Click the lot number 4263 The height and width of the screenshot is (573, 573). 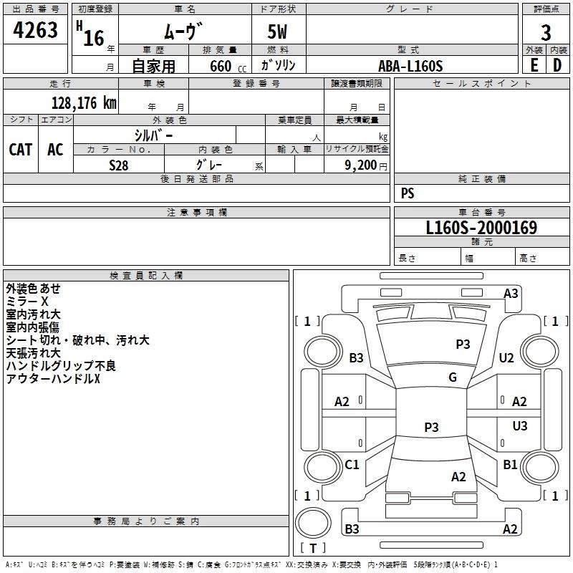click(x=35, y=30)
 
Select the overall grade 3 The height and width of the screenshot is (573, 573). click(x=546, y=32)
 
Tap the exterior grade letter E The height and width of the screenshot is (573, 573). click(x=534, y=65)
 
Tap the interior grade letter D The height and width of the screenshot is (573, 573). click(x=557, y=65)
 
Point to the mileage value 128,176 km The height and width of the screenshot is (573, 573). click(x=84, y=103)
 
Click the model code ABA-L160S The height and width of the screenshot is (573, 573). click(x=410, y=66)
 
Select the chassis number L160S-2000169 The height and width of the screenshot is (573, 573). click(x=481, y=228)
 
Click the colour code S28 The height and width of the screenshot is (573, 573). click(x=119, y=165)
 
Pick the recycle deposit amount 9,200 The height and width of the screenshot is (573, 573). click(x=360, y=165)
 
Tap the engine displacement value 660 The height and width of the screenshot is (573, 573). click(x=221, y=66)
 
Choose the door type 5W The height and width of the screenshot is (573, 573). click(x=277, y=32)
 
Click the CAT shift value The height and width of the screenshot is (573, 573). click(x=21, y=150)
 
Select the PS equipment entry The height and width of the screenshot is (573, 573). click(x=408, y=193)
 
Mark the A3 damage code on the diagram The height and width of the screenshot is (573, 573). click(x=511, y=294)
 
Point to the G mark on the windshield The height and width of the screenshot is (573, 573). click(x=453, y=377)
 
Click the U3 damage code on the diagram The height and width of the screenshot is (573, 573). click(x=520, y=425)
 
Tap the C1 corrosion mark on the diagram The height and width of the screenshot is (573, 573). click(x=352, y=464)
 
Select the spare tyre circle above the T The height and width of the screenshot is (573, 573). click(x=313, y=522)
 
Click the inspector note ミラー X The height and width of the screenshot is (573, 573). click(x=27, y=302)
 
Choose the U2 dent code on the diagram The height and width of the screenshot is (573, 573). click(x=506, y=357)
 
